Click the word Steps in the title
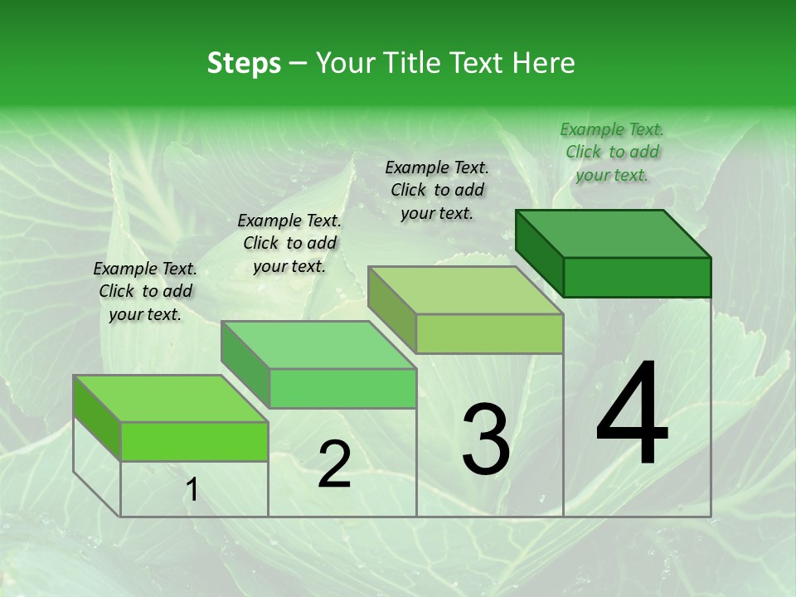tap(244, 63)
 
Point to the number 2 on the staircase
tap(334, 464)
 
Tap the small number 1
tap(192, 490)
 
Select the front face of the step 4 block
tap(637, 277)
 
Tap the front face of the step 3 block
tap(489, 333)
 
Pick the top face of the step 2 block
tap(318, 345)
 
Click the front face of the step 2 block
tap(342, 388)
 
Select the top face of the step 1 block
tap(171, 399)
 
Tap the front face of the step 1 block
tap(194, 441)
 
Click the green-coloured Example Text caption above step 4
tap(612, 152)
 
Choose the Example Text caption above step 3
tap(437, 190)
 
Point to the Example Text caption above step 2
tap(289, 243)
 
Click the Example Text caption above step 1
tap(145, 291)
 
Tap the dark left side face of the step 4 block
tap(539, 253)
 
